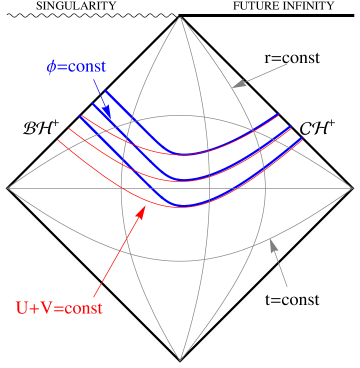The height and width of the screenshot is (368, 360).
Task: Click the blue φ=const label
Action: [x=76, y=67]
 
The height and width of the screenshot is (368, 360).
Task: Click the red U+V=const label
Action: [x=60, y=306]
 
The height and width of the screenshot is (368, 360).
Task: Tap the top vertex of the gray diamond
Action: [x=181, y=16]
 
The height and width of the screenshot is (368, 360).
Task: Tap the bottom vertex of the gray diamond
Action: [x=181, y=360]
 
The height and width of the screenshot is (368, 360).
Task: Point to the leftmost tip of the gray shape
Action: [x=8, y=187]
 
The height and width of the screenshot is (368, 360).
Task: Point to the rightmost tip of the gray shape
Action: [x=353, y=187]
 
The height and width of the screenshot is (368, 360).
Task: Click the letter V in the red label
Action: [x=47, y=306]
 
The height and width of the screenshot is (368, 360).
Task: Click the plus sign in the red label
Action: [x=35, y=306]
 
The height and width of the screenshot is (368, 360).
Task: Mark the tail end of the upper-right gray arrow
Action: [x=288, y=64]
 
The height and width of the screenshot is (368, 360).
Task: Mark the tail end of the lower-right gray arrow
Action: [x=287, y=286]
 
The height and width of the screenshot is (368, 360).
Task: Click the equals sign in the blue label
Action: [x=62, y=67]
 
